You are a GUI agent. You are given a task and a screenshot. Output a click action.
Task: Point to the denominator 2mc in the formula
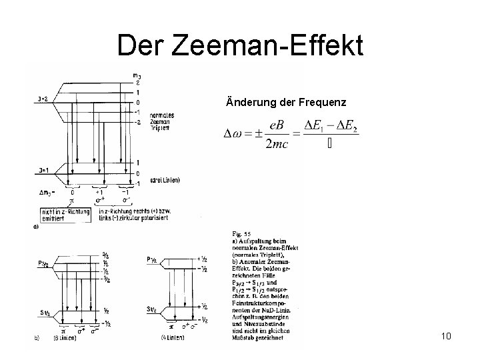click(275, 145)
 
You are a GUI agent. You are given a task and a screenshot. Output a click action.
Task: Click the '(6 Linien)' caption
click(63, 338)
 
